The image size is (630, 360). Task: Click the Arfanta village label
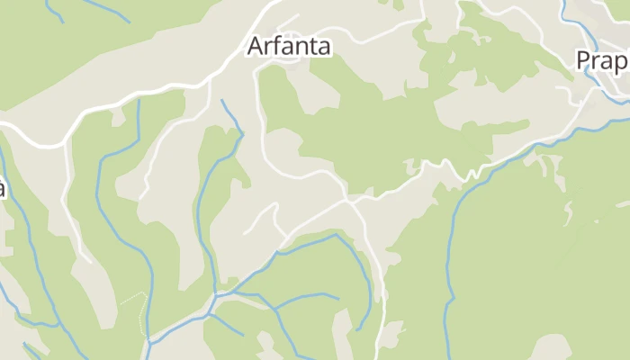click(288, 46)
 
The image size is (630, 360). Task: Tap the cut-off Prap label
click(602, 60)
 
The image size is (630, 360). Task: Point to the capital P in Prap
click(584, 60)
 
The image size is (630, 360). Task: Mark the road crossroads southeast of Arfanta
click(349, 198)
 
